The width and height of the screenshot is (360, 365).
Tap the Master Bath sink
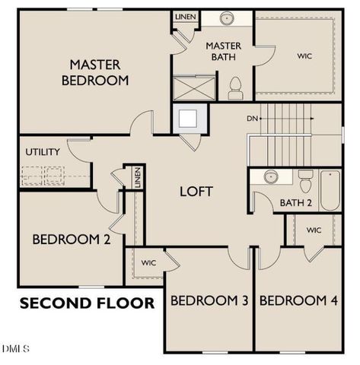[226, 18]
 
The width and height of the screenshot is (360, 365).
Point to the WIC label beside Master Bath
[305, 56]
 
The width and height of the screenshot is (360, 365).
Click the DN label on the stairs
[253, 119]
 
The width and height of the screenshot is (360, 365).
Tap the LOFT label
[196, 192]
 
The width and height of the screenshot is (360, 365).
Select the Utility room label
[43, 152]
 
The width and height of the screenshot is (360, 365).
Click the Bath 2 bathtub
[330, 191]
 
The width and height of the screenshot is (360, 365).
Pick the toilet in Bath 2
[306, 182]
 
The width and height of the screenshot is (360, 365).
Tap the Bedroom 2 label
[72, 240]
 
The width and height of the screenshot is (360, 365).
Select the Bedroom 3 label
[209, 301]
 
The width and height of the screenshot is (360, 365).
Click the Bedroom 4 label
[298, 301]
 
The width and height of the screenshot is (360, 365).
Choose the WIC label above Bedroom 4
[314, 230]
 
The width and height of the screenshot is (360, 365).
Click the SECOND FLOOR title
[86, 303]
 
